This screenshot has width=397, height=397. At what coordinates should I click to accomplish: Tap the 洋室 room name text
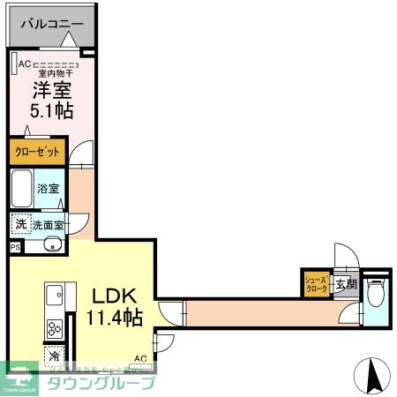coord(52,90)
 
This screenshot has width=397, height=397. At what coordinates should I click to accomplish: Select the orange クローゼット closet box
coord(38,152)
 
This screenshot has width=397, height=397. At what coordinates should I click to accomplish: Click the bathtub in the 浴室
coord(23,188)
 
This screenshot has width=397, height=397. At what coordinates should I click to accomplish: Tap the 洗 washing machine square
coord(20,225)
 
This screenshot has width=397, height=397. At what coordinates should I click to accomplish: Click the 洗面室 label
coord(49,226)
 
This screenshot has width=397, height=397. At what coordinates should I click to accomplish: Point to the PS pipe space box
coord(14,248)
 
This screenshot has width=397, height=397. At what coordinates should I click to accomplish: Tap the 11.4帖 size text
coord(111,318)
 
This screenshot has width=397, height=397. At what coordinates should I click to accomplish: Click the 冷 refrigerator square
coord(54,360)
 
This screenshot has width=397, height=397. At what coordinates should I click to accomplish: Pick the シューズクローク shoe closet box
coord(317,283)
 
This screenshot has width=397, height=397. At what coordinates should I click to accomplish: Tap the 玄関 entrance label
coord(346,284)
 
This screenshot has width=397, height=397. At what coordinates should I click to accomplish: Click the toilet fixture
coord(375,292)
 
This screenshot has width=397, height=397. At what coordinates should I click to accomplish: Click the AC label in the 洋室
coord(24,64)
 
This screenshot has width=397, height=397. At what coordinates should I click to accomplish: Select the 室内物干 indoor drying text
coord(53,74)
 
